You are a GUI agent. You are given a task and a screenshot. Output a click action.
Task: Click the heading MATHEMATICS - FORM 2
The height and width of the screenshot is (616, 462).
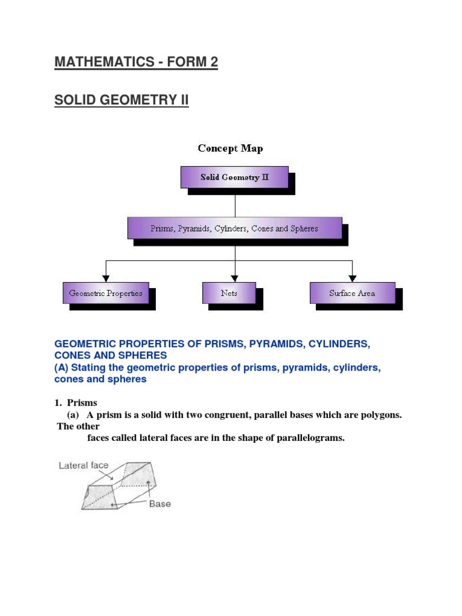(x=136, y=62)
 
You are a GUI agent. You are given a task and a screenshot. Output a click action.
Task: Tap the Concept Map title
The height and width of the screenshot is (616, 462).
(x=230, y=149)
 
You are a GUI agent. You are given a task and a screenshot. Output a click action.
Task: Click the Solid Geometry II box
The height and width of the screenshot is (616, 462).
(x=235, y=177)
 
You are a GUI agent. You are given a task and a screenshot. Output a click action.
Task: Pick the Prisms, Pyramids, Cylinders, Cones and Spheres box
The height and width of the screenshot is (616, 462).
(x=235, y=229)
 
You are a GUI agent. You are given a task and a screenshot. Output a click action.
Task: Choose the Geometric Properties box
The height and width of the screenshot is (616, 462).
(x=106, y=294)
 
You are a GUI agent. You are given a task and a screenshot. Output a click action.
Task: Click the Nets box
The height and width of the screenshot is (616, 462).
(x=229, y=294)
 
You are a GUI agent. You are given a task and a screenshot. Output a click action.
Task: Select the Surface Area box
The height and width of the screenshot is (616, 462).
(x=352, y=294)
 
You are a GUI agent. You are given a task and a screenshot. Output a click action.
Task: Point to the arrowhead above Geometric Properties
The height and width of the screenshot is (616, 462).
(x=106, y=278)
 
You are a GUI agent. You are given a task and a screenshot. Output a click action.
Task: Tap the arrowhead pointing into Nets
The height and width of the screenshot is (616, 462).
(x=235, y=278)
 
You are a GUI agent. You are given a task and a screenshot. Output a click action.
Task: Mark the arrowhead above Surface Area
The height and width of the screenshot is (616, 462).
(x=353, y=278)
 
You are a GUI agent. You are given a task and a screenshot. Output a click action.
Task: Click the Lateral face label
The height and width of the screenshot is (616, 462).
(x=84, y=466)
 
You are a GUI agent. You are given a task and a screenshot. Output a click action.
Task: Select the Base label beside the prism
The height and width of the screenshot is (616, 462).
(x=160, y=504)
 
